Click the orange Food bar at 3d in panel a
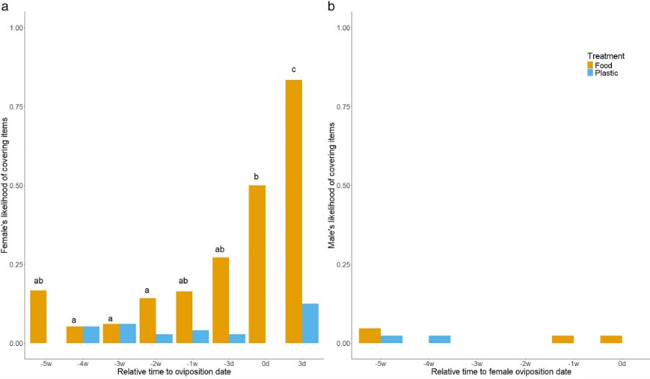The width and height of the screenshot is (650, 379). tap(293, 211)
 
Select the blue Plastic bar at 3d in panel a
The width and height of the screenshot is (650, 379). tap(311, 324)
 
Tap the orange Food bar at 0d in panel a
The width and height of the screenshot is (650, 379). tap(257, 264)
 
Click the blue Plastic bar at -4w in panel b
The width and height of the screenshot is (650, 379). tap(440, 339)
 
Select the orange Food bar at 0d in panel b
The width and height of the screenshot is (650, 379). tap(610, 339)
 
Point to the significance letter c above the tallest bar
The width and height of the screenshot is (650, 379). tap(293, 70)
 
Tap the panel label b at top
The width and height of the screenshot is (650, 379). tap(331, 6)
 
